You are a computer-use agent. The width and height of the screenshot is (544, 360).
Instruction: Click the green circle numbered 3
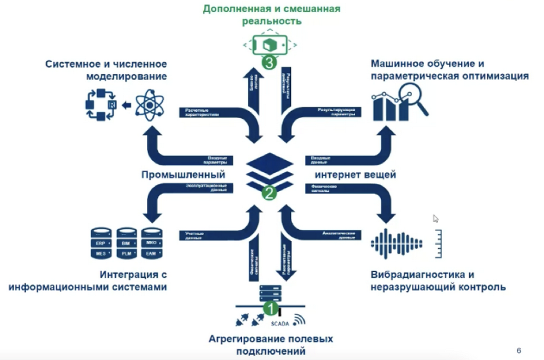(x=268, y=62)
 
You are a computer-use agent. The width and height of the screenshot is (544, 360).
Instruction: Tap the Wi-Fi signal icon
(x=298, y=320)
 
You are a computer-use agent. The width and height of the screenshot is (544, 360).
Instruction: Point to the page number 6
(x=519, y=350)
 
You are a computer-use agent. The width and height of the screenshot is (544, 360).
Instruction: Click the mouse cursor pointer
(x=436, y=219)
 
